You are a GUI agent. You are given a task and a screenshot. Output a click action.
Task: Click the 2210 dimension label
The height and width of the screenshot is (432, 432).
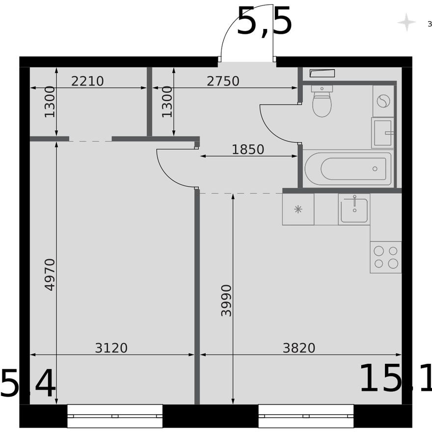(x=87, y=81)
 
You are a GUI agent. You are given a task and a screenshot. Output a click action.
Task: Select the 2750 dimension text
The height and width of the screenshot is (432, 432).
(x=223, y=81)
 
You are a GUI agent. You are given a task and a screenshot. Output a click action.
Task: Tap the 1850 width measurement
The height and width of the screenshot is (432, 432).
(x=248, y=149)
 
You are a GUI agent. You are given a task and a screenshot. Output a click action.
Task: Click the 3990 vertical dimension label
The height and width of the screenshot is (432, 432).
(x=226, y=300)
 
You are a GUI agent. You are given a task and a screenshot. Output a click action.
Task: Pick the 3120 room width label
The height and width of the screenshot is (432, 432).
(x=111, y=348)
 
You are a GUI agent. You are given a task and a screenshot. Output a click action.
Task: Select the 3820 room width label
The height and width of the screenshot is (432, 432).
(x=299, y=348)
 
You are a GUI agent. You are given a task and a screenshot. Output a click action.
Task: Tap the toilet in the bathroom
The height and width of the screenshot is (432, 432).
(x=322, y=102)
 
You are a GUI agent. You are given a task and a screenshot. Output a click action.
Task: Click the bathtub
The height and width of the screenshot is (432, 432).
(x=348, y=169)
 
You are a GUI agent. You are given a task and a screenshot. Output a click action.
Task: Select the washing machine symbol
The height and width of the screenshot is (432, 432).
(x=383, y=101)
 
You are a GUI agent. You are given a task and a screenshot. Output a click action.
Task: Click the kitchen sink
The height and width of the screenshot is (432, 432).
(x=354, y=210)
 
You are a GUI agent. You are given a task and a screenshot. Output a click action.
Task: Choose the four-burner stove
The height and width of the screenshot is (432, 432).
(x=385, y=257)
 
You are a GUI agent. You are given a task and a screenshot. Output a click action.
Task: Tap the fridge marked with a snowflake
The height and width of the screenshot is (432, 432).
(x=298, y=209)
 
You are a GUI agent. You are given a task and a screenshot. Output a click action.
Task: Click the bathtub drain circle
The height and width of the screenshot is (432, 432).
(x=375, y=169)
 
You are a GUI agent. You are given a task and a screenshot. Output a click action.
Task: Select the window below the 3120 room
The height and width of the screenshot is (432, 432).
(x=115, y=416)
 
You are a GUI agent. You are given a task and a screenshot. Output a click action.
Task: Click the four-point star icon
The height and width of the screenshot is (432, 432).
(x=406, y=23)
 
